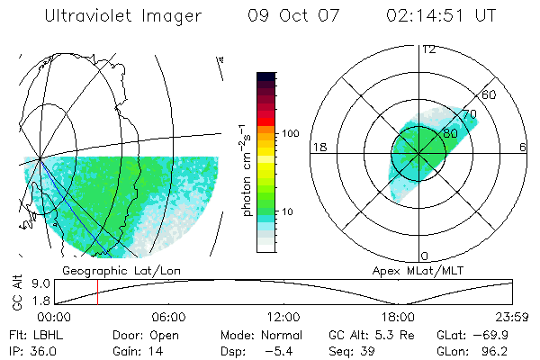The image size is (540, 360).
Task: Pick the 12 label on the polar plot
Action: [428, 49]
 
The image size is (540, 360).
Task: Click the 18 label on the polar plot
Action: [318, 147]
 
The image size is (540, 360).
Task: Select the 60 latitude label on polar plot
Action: [490, 94]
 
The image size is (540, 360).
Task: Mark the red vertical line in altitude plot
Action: [97, 292]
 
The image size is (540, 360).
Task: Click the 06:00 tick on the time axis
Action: [168, 317]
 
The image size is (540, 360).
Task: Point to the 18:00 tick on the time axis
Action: [398, 317]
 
